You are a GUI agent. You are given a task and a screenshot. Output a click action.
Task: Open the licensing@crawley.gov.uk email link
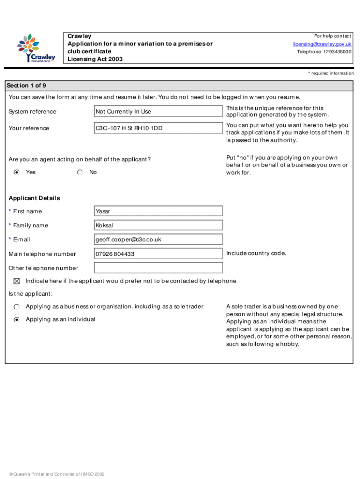click(322, 44)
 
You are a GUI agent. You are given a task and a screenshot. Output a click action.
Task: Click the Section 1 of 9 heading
click(26, 86)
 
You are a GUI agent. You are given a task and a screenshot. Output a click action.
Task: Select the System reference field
click(158, 111)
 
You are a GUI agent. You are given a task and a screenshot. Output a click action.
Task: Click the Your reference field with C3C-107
click(158, 128)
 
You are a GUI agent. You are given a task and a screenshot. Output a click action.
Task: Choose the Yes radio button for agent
click(17, 173)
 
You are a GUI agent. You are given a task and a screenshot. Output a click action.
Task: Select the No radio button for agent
click(80, 173)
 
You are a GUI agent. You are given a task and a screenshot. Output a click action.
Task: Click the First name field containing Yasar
click(158, 211)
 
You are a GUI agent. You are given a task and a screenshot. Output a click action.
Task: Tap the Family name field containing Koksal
click(158, 225)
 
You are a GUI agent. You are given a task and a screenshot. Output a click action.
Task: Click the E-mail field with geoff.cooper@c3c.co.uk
click(158, 239)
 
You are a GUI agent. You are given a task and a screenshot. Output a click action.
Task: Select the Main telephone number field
click(158, 254)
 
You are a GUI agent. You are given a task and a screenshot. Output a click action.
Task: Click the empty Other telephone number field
click(158, 268)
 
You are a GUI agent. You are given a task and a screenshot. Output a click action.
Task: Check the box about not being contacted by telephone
click(17, 281)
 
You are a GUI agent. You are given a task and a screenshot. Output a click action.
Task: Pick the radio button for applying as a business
click(17, 307)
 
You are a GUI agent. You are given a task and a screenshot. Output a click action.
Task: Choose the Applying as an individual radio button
click(17, 319)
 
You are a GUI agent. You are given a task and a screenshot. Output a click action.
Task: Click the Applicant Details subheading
click(34, 198)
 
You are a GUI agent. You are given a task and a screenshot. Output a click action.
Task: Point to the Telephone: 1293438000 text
click(324, 52)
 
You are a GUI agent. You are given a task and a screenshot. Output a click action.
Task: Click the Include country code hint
click(256, 254)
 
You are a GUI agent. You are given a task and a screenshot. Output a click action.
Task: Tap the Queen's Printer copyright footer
click(53, 474)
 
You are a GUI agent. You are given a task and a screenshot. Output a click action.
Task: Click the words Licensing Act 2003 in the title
click(95, 59)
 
